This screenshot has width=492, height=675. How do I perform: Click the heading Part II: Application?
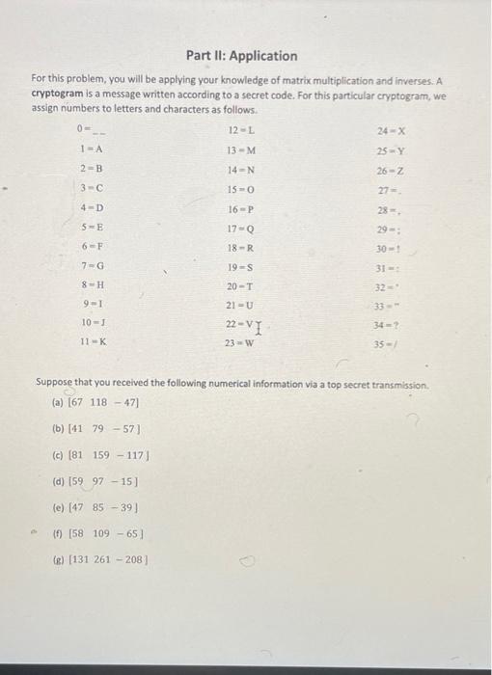click(243, 56)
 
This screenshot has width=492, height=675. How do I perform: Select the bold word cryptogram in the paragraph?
click(58, 96)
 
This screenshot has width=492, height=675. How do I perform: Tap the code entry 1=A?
click(92, 149)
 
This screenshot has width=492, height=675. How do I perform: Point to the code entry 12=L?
click(240, 129)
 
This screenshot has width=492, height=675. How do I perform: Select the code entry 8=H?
click(93, 284)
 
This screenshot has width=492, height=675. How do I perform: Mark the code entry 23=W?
click(240, 341)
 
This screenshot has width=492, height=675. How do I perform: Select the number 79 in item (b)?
click(98, 428)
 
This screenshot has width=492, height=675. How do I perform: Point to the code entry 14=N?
click(240, 171)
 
